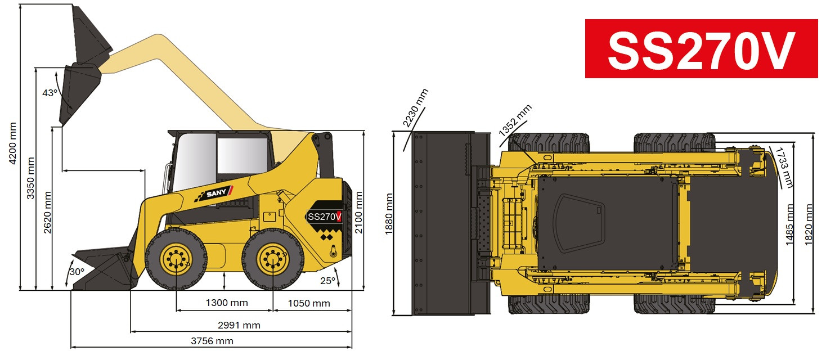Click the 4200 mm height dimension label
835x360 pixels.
click(x=13, y=143)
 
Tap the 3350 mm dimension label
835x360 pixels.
click(x=30, y=178)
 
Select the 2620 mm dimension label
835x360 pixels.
click(x=48, y=213)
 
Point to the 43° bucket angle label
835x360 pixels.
click(x=50, y=93)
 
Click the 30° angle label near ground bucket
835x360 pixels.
click(x=77, y=272)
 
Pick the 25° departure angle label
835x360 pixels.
click(x=327, y=281)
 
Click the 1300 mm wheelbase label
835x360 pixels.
click(x=227, y=303)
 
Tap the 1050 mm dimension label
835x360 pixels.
click(x=309, y=303)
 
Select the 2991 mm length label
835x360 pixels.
click(x=239, y=325)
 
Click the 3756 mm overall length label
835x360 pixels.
click(x=212, y=341)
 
